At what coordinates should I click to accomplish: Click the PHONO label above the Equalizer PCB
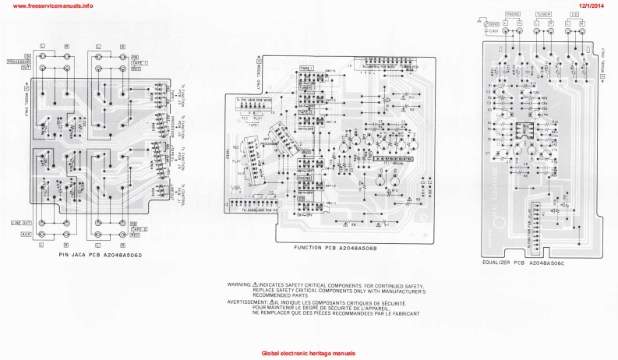(x=513, y=14)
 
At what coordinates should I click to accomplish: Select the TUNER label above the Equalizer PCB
(x=543, y=14)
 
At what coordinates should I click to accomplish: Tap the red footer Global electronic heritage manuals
(x=308, y=353)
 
